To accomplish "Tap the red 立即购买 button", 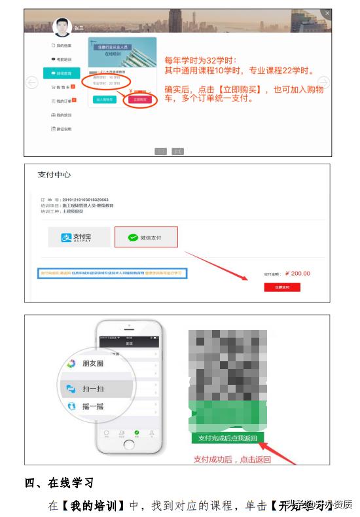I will point(139,99).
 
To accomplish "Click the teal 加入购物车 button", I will point(105,99).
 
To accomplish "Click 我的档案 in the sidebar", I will point(63,45).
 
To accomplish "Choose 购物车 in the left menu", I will point(63,86).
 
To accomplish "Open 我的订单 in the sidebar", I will point(63,101).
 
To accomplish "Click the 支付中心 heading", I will point(54,175).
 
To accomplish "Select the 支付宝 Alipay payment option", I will point(79,238).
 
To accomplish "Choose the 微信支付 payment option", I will point(146,238).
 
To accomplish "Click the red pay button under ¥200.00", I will point(282,287).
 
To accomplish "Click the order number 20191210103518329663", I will point(81,200).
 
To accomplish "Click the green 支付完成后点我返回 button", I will point(228,438).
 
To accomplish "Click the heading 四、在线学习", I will point(60,484).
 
